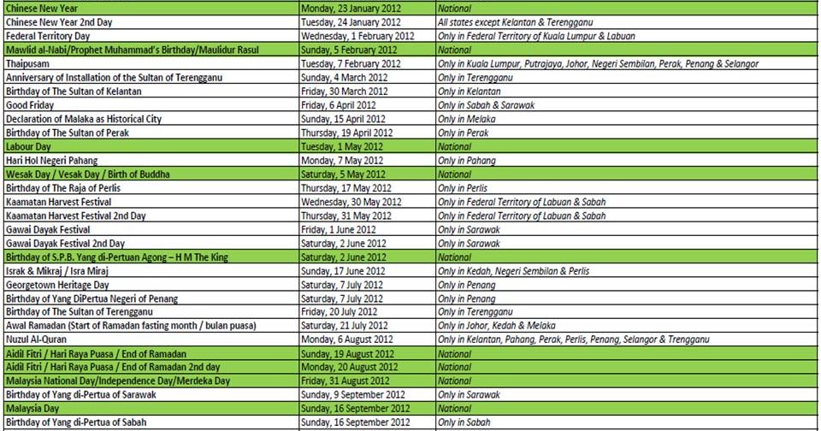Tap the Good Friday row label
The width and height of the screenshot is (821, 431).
(30, 105)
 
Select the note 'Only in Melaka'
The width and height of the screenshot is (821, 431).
(467, 119)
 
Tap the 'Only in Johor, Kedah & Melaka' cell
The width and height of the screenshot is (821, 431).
(498, 326)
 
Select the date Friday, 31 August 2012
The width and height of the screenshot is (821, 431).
(346, 381)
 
